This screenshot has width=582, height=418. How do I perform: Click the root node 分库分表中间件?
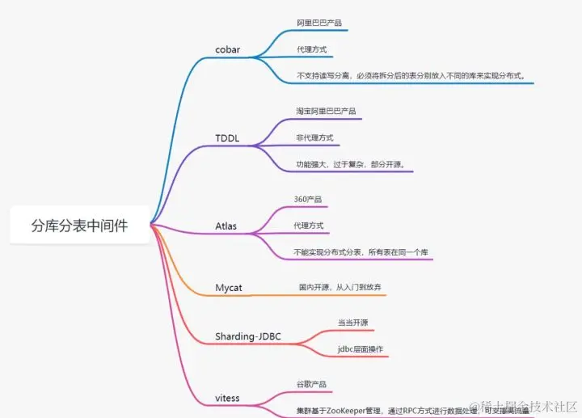tap(79, 226)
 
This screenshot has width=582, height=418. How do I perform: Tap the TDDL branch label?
tap(227, 138)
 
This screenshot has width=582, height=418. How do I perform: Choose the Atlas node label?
tap(226, 226)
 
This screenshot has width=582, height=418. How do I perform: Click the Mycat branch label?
tap(230, 287)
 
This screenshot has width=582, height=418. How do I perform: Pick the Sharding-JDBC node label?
tap(248, 336)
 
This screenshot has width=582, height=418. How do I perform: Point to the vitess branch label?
tap(227, 398)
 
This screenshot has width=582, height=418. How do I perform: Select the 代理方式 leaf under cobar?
tap(312, 50)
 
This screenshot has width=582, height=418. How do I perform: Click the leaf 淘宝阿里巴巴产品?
tap(326, 111)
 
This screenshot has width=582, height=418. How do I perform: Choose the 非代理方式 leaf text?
tap(314, 138)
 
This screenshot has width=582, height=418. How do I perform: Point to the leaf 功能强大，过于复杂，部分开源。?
tap(349, 165)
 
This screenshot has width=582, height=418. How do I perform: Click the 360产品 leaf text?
tap(309, 199)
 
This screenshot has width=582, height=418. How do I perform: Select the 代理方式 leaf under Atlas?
tap(310, 226)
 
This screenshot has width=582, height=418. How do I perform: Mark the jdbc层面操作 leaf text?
tap(361, 349)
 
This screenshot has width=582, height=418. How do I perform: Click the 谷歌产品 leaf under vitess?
tap(311, 384)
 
